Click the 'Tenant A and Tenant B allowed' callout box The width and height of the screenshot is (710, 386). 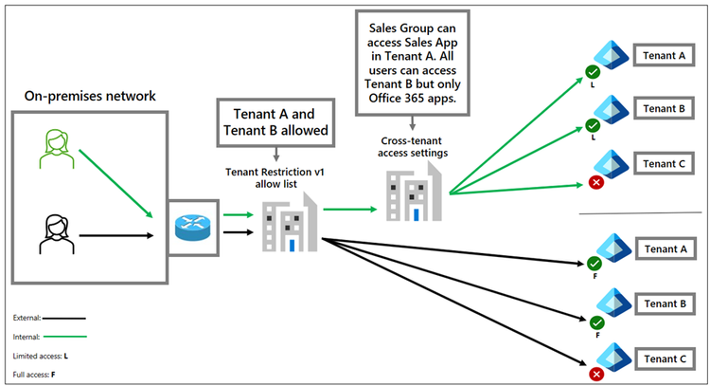275,120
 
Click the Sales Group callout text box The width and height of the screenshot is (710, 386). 414,64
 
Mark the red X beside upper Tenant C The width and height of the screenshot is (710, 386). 595,181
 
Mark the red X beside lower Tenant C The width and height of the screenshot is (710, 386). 595,375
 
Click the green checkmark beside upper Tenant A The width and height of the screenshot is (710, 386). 594,71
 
